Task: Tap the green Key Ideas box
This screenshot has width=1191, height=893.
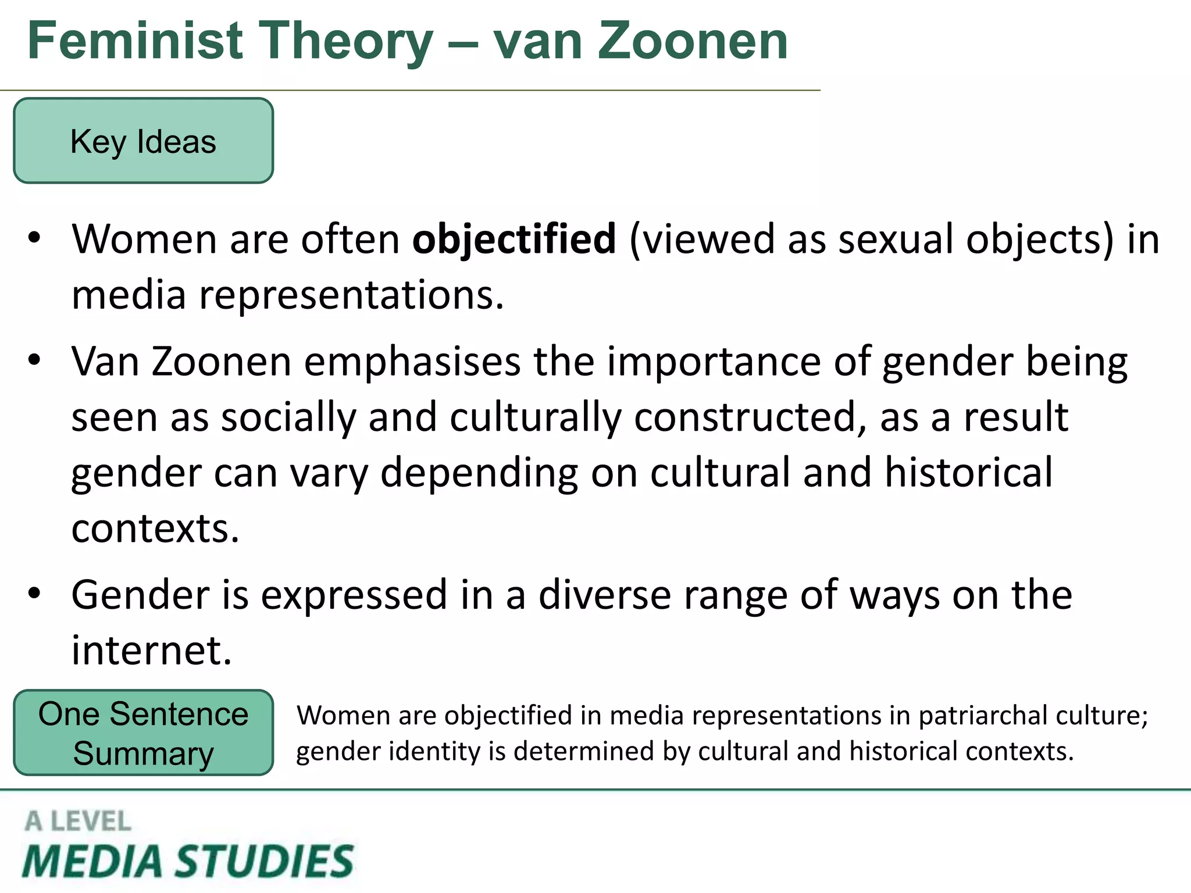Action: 143,141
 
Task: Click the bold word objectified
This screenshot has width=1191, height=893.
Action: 514,240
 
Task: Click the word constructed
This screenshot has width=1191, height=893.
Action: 745,417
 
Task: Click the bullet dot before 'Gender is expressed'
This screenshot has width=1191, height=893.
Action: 34,594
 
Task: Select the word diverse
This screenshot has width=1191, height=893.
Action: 604,595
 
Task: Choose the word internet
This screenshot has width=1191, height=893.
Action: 151,650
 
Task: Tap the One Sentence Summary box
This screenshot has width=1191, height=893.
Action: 143,733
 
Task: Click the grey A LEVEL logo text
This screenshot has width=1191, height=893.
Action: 78,821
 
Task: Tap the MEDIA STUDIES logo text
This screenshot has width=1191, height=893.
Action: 187,862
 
